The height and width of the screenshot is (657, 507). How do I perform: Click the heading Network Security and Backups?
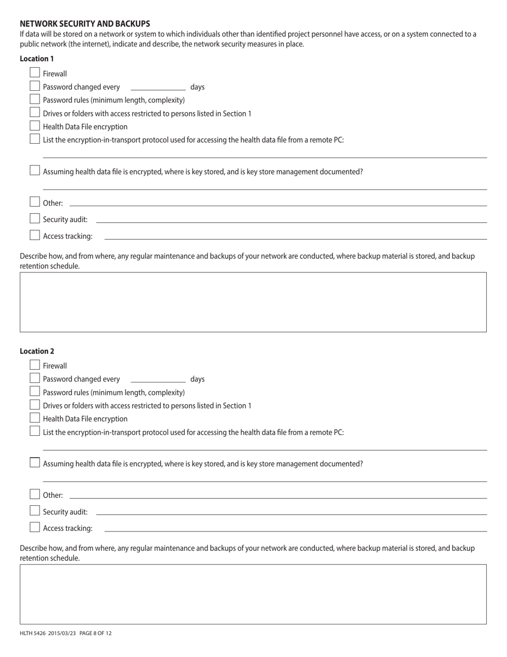85,24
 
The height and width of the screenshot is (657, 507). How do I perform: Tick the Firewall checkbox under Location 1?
35,73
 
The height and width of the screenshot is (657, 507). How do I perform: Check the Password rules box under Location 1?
35,99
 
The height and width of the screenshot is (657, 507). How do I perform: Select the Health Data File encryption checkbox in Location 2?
35,418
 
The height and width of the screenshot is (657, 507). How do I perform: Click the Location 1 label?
37,59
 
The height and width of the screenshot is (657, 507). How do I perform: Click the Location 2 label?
37,351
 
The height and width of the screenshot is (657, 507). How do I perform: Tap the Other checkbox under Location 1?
35,202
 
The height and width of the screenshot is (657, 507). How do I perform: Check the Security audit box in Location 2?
35,511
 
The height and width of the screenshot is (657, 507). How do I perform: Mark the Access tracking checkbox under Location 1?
35,235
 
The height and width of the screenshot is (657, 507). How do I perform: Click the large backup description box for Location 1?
253,302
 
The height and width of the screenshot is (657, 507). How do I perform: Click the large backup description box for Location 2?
253,594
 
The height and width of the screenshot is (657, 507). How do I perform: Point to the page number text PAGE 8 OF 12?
96,633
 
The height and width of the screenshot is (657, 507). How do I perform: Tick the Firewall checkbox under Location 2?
35,365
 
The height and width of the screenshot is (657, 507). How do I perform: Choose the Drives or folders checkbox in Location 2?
35,405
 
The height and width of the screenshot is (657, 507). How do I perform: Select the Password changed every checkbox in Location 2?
35,378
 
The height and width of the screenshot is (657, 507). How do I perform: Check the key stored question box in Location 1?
35,170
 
